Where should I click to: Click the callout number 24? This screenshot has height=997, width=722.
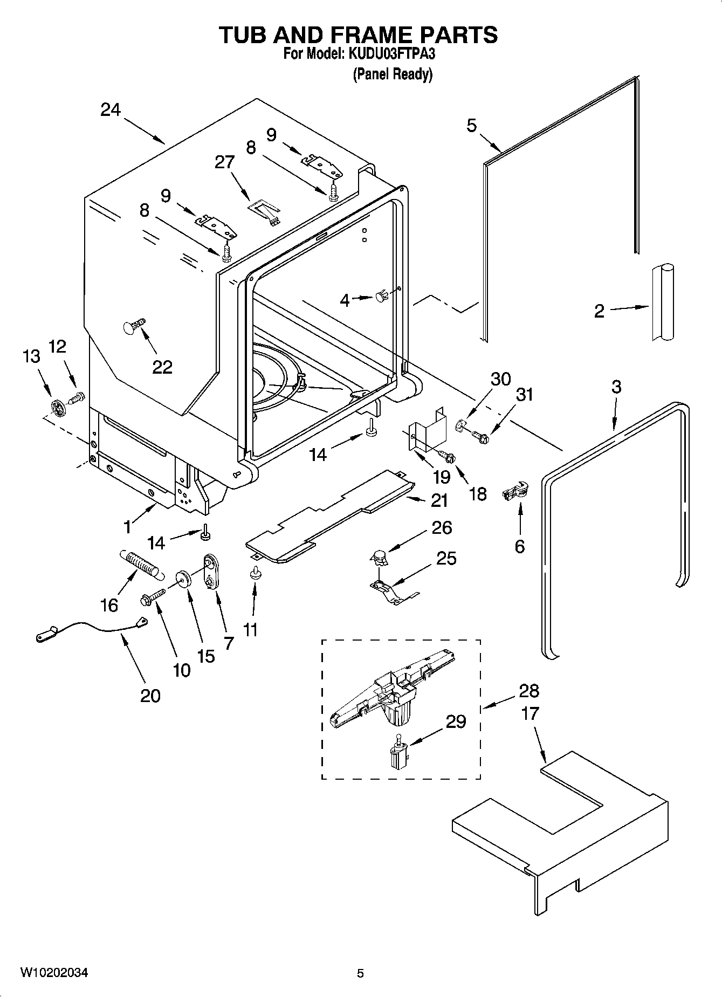(x=111, y=110)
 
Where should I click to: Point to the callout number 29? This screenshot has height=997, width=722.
(x=456, y=721)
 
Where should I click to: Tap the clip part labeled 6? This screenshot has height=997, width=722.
(x=516, y=490)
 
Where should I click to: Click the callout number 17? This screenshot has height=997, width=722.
(x=530, y=713)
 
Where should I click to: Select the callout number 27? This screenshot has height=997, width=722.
(x=225, y=162)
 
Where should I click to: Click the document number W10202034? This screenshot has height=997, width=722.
(x=54, y=973)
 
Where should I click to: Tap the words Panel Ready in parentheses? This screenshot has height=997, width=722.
(x=393, y=74)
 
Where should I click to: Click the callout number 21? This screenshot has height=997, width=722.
(x=439, y=500)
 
